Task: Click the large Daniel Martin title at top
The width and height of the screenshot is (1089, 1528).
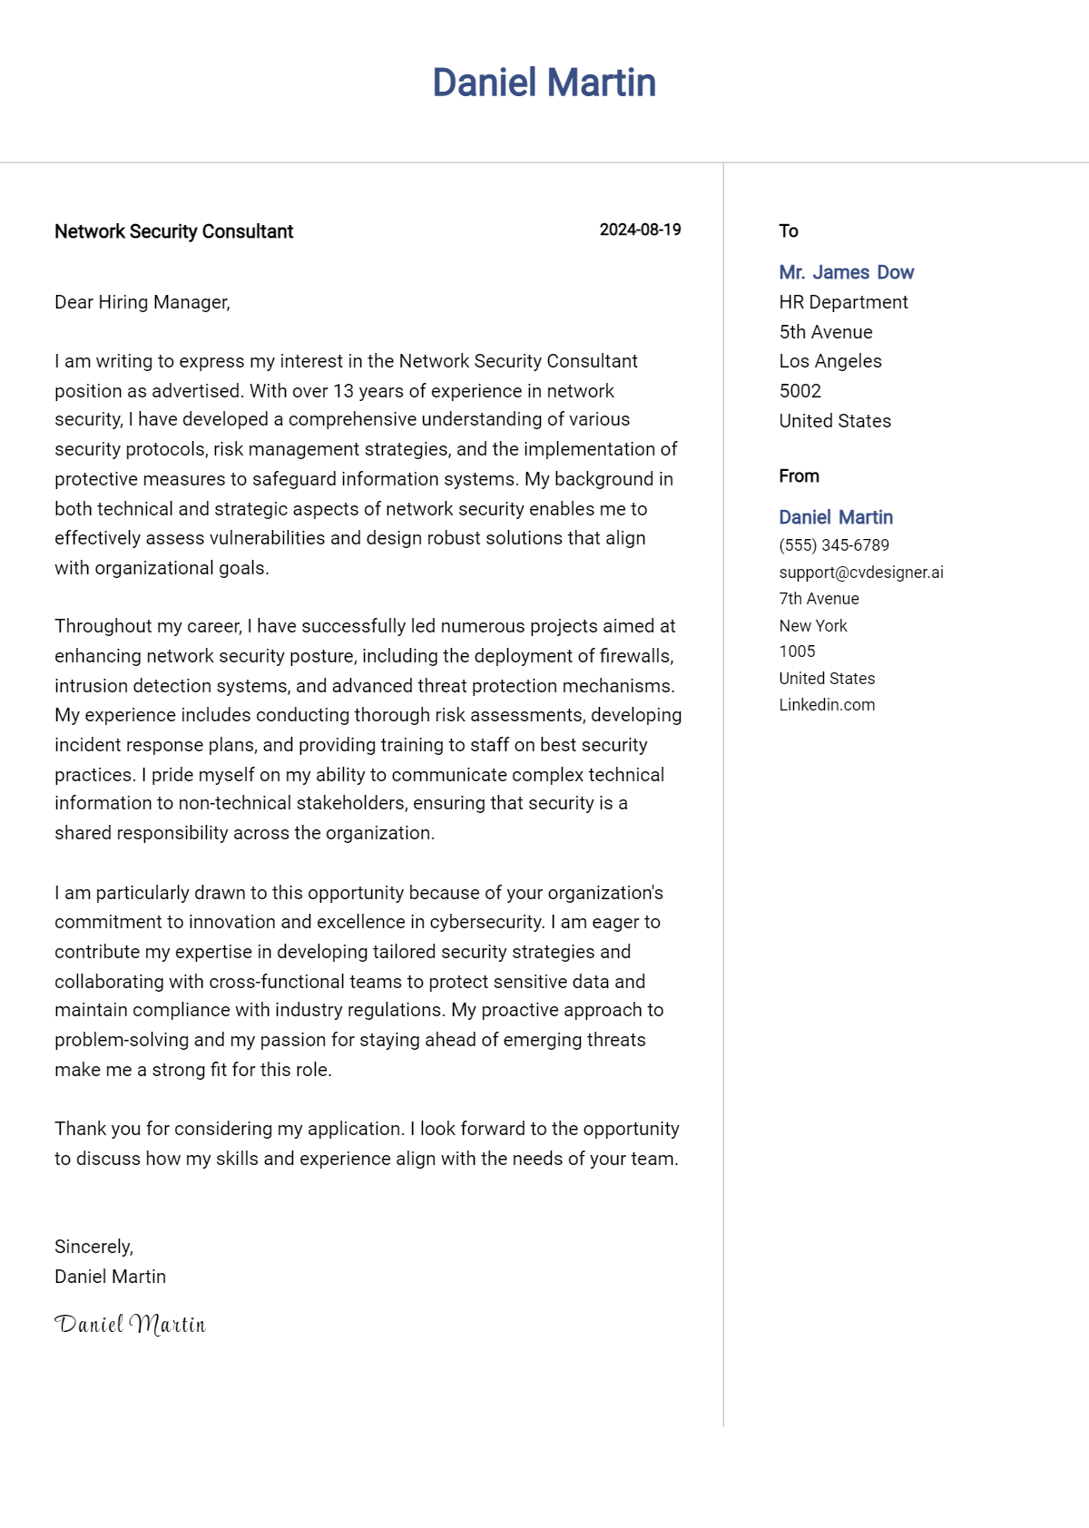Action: click(x=544, y=83)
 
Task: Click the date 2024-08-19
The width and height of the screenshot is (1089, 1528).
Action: click(x=640, y=230)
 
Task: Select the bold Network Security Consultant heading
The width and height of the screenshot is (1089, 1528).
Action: click(x=173, y=231)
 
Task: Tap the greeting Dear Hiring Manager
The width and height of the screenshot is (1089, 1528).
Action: click(x=142, y=302)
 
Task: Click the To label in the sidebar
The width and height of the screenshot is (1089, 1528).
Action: click(x=789, y=231)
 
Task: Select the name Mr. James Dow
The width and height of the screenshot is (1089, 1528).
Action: click(x=846, y=272)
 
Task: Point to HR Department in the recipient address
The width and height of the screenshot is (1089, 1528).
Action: click(x=843, y=302)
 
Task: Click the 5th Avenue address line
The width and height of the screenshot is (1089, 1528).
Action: click(x=826, y=332)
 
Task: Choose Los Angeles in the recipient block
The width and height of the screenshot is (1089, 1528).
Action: click(x=830, y=361)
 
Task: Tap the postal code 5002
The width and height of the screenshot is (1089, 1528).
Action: click(x=800, y=391)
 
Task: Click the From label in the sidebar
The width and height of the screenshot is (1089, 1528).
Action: click(x=799, y=476)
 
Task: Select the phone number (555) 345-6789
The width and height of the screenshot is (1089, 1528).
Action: click(x=834, y=545)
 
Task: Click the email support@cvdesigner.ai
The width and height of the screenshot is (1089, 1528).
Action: click(x=861, y=573)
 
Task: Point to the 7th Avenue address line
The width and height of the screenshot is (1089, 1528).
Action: click(x=819, y=599)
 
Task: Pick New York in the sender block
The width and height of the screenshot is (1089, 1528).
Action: click(x=813, y=626)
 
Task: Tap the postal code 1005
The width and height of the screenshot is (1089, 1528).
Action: click(x=797, y=651)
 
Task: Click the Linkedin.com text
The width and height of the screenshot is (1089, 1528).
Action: click(x=827, y=705)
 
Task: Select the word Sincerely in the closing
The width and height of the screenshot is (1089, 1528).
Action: click(x=93, y=1247)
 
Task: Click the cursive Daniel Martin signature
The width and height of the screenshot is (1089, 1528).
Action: click(x=130, y=1325)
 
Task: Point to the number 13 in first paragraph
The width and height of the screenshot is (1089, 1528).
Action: click(x=343, y=391)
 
